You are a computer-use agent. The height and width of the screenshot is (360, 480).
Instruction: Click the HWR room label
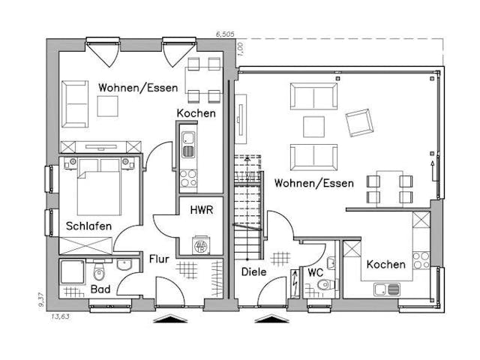(200, 211)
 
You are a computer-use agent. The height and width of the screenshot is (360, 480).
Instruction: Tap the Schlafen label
(88, 226)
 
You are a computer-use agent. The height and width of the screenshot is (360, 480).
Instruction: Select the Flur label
(158, 259)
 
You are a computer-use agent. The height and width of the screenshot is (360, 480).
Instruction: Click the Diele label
(253, 271)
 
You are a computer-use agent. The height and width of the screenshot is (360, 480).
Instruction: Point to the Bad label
(101, 289)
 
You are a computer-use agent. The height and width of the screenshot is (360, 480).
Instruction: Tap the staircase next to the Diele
(247, 202)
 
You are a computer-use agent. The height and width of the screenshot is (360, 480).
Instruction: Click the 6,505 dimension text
(224, 34)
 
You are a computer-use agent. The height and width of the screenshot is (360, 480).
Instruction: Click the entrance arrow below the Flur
(169, 319)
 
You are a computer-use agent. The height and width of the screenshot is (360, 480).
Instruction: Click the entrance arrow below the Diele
(271, 319)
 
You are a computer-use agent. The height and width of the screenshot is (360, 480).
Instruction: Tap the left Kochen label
(196, 113)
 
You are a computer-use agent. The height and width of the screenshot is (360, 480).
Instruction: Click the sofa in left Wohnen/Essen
(74, 103)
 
